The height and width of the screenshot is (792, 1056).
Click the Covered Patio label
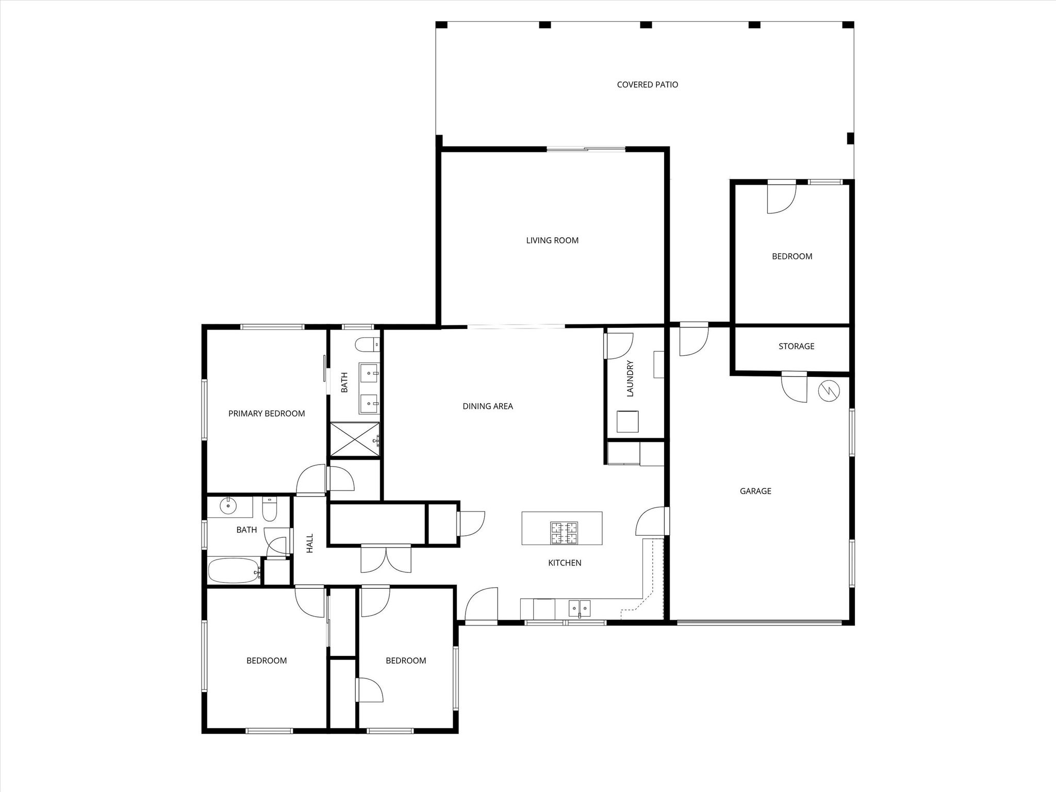647,85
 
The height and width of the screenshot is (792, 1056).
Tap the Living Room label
552,240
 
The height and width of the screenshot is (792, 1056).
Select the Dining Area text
488,406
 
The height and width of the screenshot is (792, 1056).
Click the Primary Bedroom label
267,414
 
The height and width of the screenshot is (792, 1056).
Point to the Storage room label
796,346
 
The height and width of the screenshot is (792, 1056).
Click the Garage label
755,491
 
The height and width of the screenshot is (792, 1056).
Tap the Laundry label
630,378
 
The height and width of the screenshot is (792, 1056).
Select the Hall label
310,543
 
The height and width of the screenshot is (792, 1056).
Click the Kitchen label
565,563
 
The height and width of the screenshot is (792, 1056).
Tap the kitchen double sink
580,608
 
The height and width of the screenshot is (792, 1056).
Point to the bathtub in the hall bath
234,571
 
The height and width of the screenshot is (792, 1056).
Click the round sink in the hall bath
227,506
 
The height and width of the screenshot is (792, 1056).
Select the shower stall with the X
355,439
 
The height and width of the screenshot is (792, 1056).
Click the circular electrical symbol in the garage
829,391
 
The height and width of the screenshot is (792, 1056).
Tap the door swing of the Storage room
794,387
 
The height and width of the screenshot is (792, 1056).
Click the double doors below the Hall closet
386,558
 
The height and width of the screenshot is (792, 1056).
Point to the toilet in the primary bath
370,343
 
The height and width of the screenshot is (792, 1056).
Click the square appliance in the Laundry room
628,422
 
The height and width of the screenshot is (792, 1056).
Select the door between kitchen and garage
652,521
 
